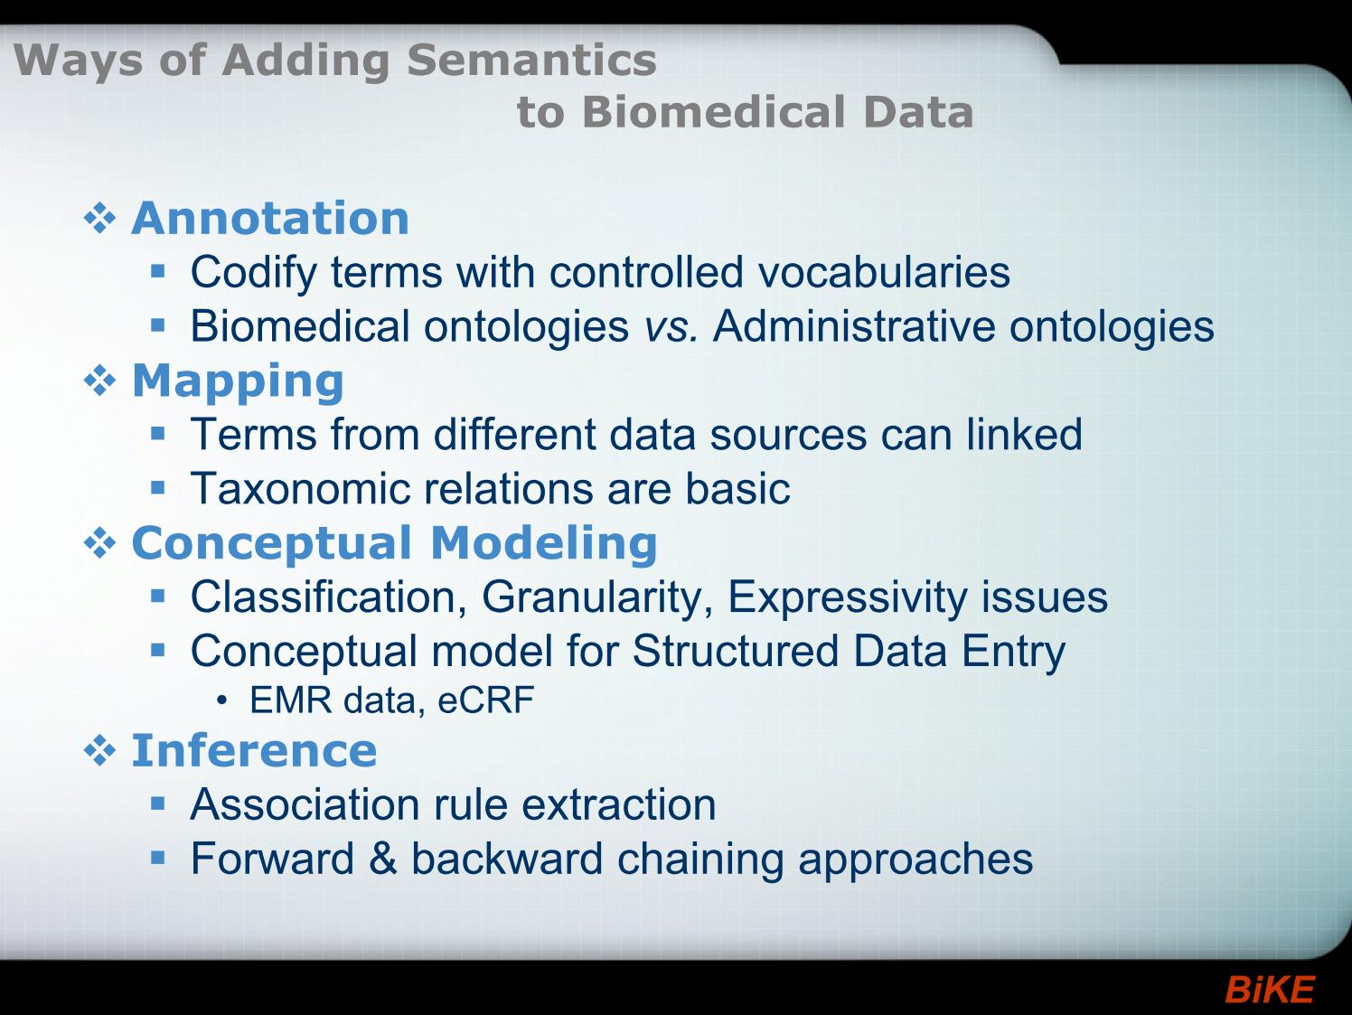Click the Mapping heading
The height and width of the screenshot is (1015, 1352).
click(x=238, y=381)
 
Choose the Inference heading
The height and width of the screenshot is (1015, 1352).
click(x=254, y=750)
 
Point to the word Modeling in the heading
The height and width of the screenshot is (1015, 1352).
click(x=544, y=545)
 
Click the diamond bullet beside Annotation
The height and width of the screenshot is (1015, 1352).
click(x=99, y=220)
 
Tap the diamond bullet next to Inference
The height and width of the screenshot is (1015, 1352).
click(x=99, y=751)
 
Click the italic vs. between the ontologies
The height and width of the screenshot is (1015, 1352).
click(x=671, y=326)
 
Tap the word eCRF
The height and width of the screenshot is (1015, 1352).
click(x=485, y=700)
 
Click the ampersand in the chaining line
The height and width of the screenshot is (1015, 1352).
click(x=382, y=859)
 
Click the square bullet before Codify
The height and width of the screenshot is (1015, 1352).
click(x=157, y=271)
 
